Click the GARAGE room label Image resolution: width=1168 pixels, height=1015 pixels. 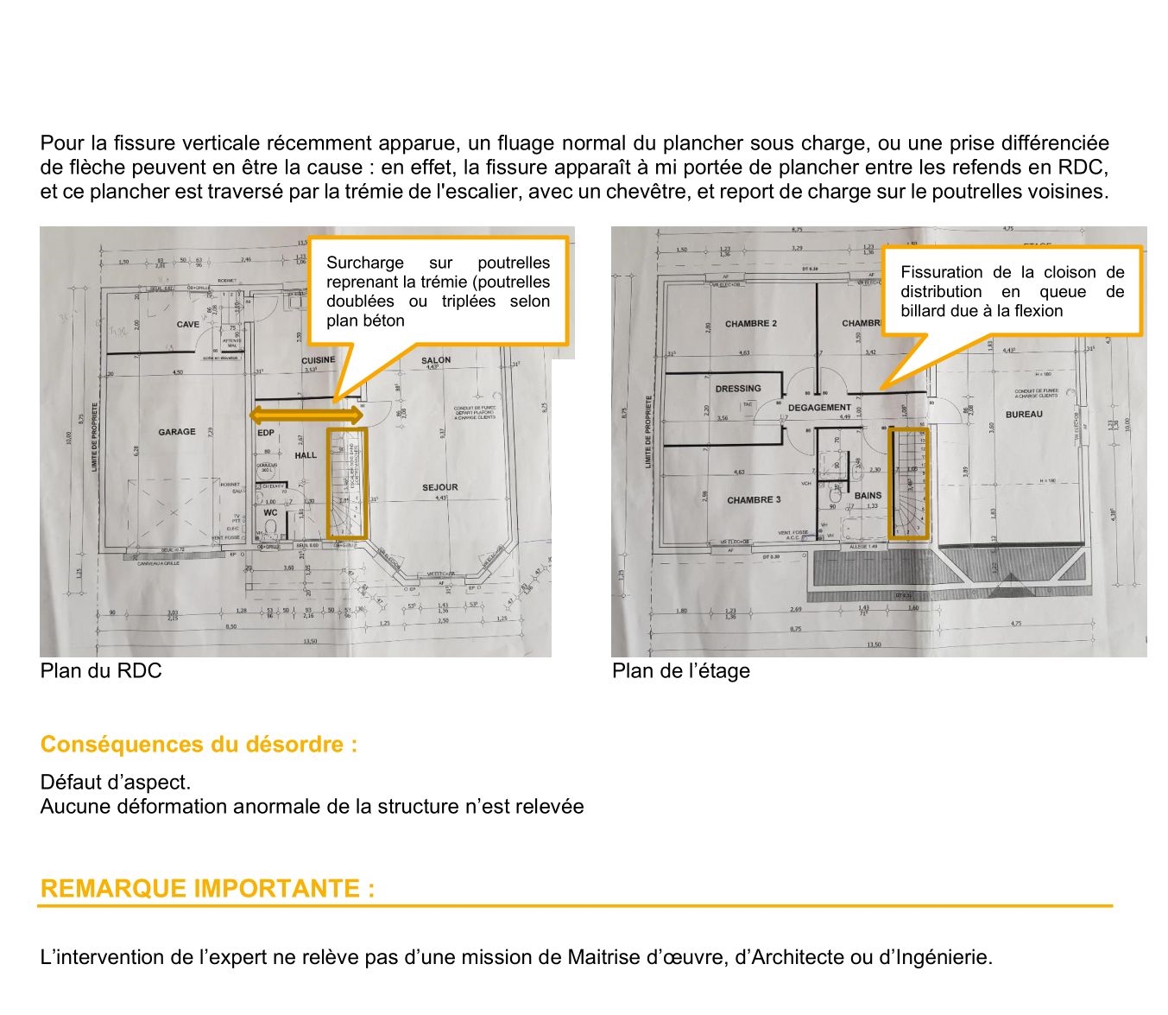177,432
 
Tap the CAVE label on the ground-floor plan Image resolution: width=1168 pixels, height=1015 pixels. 187,325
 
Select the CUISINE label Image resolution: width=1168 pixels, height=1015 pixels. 318,360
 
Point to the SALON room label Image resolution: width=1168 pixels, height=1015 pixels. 436,360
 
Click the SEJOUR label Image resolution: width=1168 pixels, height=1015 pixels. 440,487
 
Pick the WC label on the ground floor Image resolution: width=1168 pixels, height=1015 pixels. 270,513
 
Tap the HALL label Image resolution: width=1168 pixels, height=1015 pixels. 306,455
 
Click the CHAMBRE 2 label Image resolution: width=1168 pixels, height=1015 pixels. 750,324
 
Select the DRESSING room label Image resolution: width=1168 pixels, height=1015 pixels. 738,389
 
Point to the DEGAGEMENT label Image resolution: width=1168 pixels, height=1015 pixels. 819,408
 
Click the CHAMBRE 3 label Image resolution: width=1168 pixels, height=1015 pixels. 754,500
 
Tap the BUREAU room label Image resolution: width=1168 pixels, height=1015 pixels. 1024,415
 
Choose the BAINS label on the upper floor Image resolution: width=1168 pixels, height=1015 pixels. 868,496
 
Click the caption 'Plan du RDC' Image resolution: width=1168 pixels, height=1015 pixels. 100,671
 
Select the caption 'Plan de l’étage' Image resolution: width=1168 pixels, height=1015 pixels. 680,671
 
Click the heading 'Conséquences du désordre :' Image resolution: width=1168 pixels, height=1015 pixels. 199,745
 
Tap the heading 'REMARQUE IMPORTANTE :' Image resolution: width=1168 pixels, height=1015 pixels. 207,889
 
